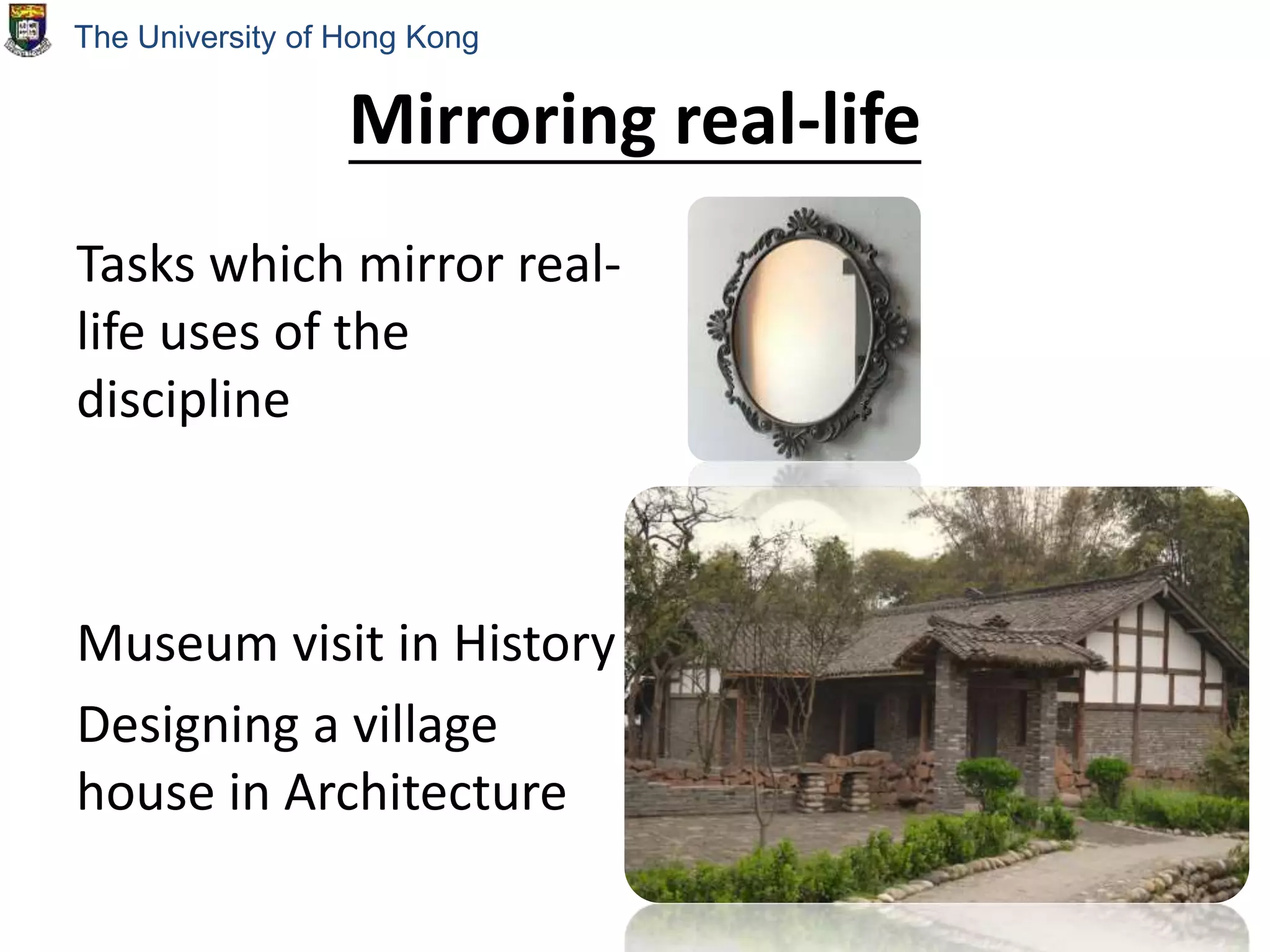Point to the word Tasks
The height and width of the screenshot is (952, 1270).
[x=135, y=265]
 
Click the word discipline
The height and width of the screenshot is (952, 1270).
[x=183, y=400]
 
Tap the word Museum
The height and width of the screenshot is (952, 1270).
[x=177, y=645]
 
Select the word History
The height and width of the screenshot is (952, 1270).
[x=534, y=645]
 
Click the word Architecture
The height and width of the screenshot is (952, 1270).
[x=425, y=793]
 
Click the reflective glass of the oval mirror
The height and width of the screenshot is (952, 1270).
[x=800, y=328]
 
